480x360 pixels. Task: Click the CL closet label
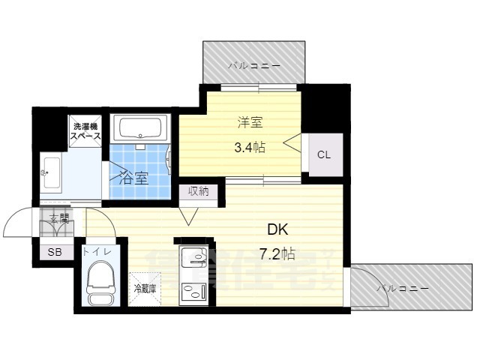[x=323, y=155]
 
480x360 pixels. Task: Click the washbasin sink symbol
[x=52, y=173]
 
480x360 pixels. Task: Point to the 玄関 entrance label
[x=59, y=219]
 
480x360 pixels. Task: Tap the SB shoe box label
[x=55, y=253]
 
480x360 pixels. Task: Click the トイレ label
[x=98, y=253]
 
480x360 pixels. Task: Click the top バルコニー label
[x=254, y=67]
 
